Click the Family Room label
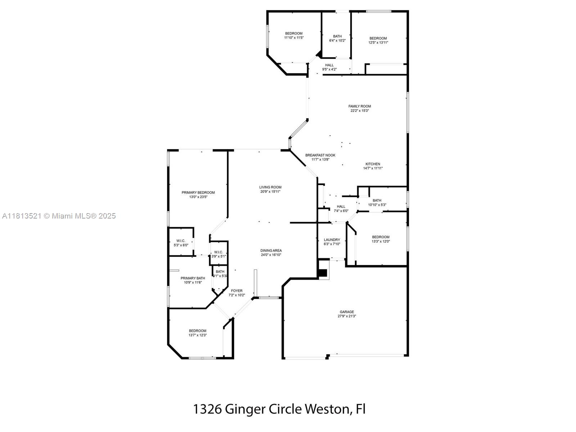tap(360, 106)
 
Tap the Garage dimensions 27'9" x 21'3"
tap(347, 316)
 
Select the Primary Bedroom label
tap(198, 193)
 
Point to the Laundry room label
tap(332, 240)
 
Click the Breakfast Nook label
tap(320, 155)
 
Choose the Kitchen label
tap(373, 164)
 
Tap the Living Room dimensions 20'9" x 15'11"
tap(270, 192)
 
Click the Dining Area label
tap(271, 251)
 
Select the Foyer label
tap(237, 291)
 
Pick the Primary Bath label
tap(193, 278)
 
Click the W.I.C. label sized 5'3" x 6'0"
tap(181, 241)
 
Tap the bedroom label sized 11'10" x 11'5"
tap(294, 33)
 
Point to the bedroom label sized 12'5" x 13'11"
tap(378, 38)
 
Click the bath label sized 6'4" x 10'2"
tap(337, 36)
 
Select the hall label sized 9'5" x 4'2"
tap(329, 65)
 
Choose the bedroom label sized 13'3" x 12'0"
tap(381, 237)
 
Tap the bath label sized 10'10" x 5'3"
tap(377, 201)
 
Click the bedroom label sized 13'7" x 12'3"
tap(198, 331)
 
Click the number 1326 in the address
tap(207, 409)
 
